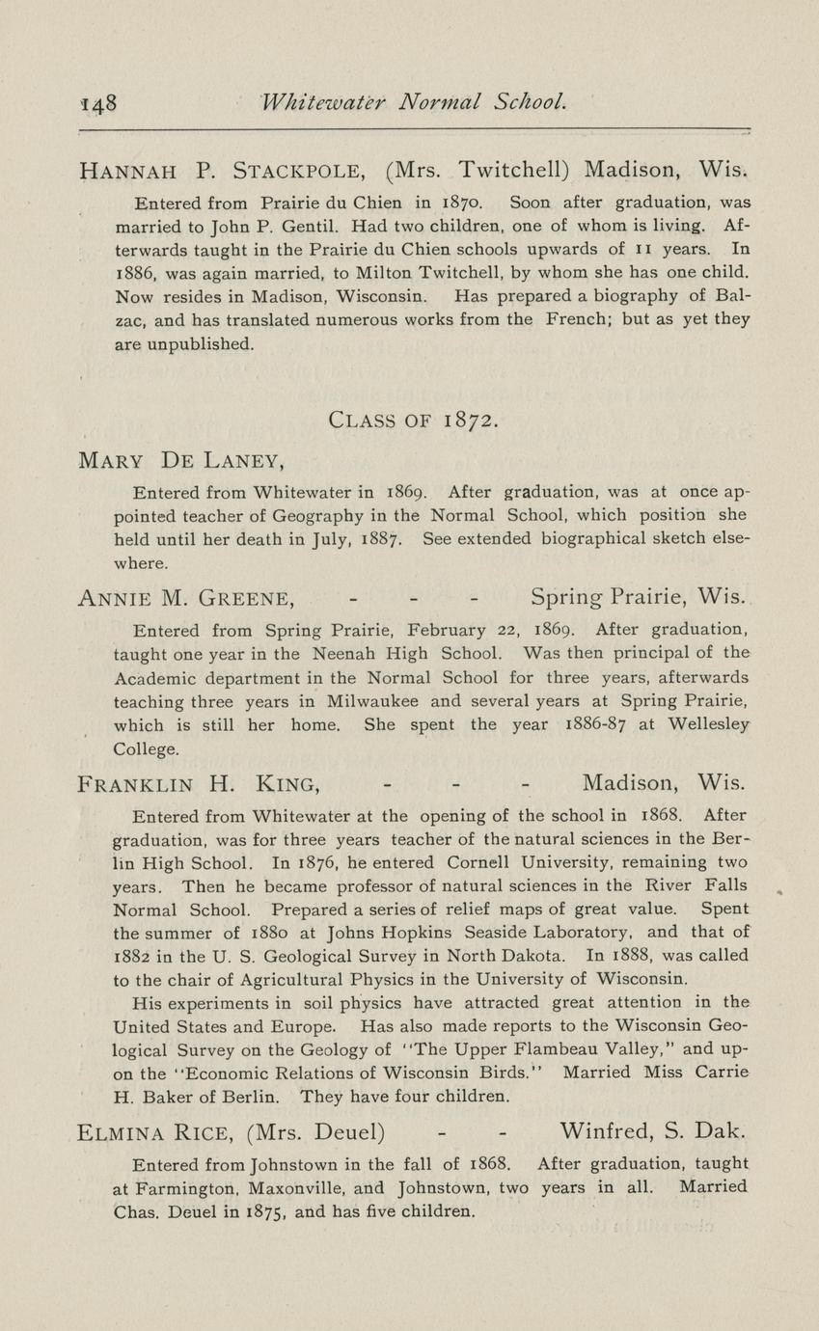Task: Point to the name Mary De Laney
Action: point(179,461)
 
